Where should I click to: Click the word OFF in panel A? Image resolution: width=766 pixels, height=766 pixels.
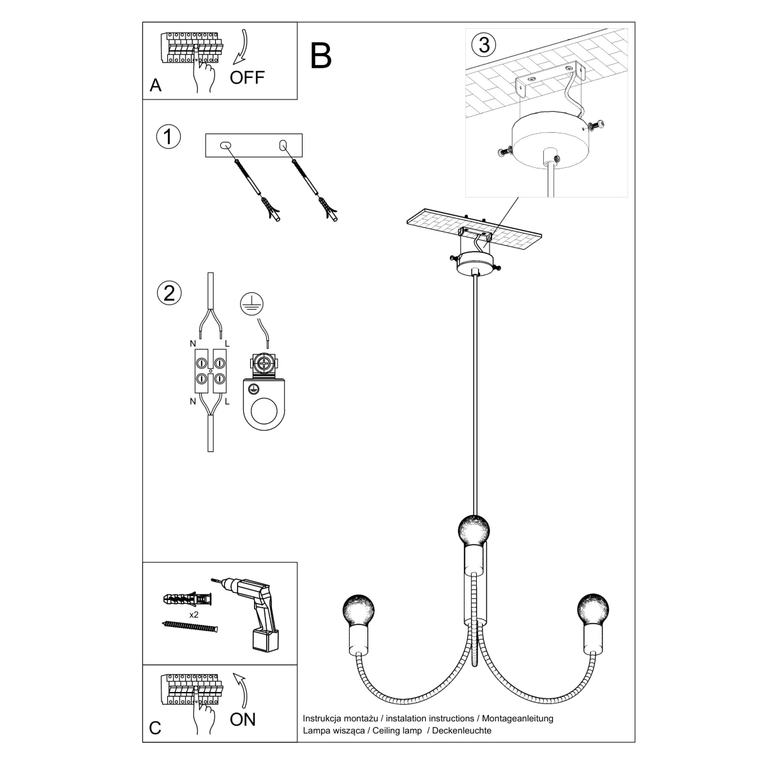point(247,77)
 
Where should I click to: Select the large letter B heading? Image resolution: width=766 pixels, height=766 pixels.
point(320,56)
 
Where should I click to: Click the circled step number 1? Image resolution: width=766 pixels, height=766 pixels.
point(168,137)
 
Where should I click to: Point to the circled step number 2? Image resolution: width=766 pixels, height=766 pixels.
point(169,294)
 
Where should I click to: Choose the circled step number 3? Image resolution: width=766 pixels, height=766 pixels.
point(483,45)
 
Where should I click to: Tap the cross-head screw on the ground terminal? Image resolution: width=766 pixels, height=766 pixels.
point(264,363)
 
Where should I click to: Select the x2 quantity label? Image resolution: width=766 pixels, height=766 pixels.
point(193,615)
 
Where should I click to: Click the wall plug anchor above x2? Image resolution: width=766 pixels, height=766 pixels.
point(187,599)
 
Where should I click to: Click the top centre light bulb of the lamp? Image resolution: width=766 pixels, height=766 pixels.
point(474,529)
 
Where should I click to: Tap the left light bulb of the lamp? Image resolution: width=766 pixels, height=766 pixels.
point(358,610)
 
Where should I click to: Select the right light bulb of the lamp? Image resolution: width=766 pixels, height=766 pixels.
point(592,609)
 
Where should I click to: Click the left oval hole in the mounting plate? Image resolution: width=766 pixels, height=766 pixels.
point(225,145)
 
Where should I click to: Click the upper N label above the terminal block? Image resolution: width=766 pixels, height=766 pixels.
point(193,343)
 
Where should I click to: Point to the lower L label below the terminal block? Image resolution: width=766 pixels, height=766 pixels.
point(227,402)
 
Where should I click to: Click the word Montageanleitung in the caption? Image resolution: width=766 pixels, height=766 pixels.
point(518,719)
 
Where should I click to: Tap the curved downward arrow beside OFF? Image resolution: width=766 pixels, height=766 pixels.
point(241,47)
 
